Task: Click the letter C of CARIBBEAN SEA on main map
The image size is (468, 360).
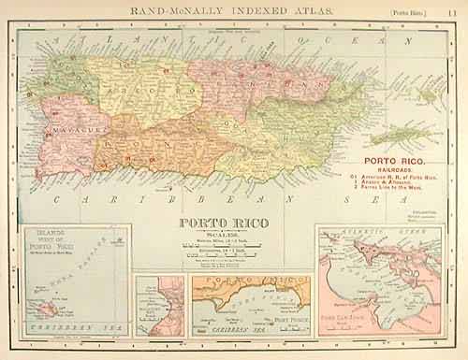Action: pos(58,200)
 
